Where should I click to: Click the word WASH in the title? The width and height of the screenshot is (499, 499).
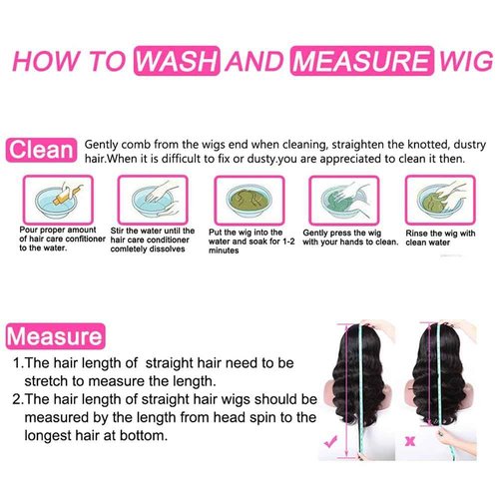click(x=176, y=61)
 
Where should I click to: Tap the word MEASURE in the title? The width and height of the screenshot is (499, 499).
click(x=355, y=61)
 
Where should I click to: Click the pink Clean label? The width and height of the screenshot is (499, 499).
click(x=42, y=151)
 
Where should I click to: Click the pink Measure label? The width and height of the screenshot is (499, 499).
click(x=55, y=334)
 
